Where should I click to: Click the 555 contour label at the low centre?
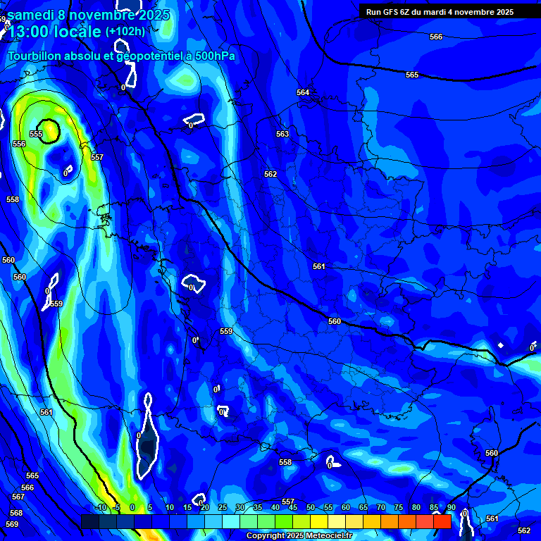(36, 134)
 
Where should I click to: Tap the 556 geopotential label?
(19, 144)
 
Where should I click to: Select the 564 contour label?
(303, 92)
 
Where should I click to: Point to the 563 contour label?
(282, 134)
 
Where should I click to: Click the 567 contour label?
(18, 497)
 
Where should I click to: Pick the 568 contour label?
(15, 513)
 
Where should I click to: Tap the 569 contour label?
(12, 524)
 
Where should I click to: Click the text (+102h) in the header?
(125, 31)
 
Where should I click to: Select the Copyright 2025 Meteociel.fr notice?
(300, 535)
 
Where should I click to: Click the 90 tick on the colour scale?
(451, 507)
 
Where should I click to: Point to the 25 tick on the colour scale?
(222, 507)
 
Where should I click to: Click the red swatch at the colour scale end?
(442, 521)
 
